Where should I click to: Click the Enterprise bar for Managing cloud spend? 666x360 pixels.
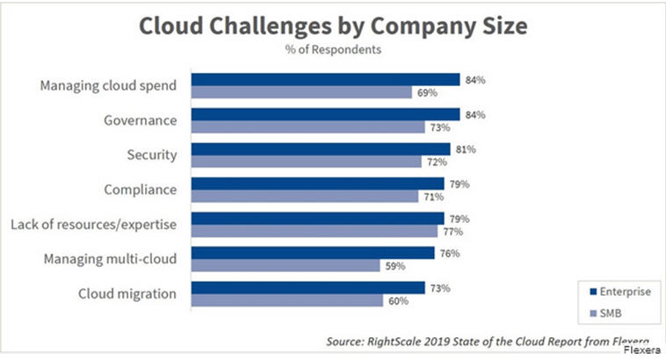pos(326,80)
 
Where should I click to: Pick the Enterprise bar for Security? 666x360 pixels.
pos(321,149)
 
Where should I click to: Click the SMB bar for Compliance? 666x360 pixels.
pos(305,197)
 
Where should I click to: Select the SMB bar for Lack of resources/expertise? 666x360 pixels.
pos(315,231)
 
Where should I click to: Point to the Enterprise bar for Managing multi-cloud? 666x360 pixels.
pos(313,253)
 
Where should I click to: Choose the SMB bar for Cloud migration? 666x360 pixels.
pos(287,300)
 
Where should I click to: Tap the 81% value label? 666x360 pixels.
pos(465,149)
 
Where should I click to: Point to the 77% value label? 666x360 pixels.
pos(452,231)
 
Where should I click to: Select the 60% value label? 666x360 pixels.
pos(398,300)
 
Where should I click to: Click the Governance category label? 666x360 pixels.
pos(140,121)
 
